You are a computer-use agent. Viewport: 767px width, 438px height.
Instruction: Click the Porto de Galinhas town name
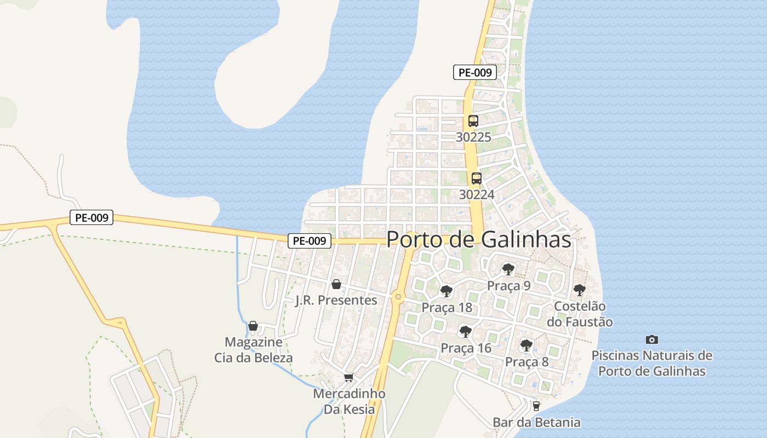[x=479, y=239]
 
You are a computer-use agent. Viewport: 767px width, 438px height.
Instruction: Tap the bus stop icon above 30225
[x=473, y=121]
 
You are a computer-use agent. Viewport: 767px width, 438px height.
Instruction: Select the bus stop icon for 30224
[x=477, y=178]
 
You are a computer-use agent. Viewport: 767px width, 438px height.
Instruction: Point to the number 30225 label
[x=473, y=137]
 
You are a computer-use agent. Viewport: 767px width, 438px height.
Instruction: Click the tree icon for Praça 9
[x=508, y=269]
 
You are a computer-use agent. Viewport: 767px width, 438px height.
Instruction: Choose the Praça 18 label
[x=447, y=308]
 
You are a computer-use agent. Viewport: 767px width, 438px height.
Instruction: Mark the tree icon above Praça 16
[x=466, y=331]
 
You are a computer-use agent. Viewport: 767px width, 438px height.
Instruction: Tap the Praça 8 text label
[x=526, y=361]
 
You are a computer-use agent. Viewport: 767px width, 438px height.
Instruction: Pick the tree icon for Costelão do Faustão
[x=580, y=290]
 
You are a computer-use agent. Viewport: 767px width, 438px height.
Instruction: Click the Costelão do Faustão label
[x=580, y=314]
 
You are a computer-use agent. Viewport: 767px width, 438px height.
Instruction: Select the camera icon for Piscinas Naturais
[x=651, y=339]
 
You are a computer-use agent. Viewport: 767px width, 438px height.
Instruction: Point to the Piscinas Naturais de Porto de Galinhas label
[x=651, y=363]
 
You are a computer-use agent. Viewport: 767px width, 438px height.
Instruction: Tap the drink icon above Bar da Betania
[x=536, y=406]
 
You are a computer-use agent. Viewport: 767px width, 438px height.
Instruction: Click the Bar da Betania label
[x=536, y=422]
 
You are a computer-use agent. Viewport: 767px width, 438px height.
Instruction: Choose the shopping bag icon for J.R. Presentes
[x=336, y=284]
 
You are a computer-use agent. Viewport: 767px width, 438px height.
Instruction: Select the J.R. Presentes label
[x=336, y=300]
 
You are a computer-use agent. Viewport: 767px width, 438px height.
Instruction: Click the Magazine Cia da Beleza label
[x=253, y=350]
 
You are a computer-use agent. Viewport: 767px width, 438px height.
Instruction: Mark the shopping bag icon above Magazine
[x=253, y=326]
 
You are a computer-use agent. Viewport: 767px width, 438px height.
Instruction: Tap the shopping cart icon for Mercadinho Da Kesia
[x=348, y=377]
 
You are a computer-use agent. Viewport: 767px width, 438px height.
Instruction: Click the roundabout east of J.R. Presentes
[x=398, y=297]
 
